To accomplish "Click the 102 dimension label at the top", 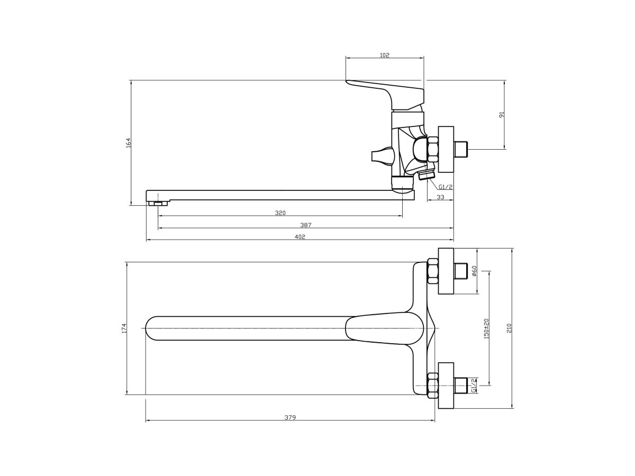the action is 384,55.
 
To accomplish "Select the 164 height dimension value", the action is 129,143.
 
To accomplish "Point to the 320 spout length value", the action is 280,213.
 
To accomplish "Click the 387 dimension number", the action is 306,225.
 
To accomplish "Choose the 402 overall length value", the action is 300,237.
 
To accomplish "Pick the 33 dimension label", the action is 440,197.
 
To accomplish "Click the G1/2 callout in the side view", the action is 446,187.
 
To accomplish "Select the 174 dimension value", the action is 124,328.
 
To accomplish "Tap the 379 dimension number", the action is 290,417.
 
